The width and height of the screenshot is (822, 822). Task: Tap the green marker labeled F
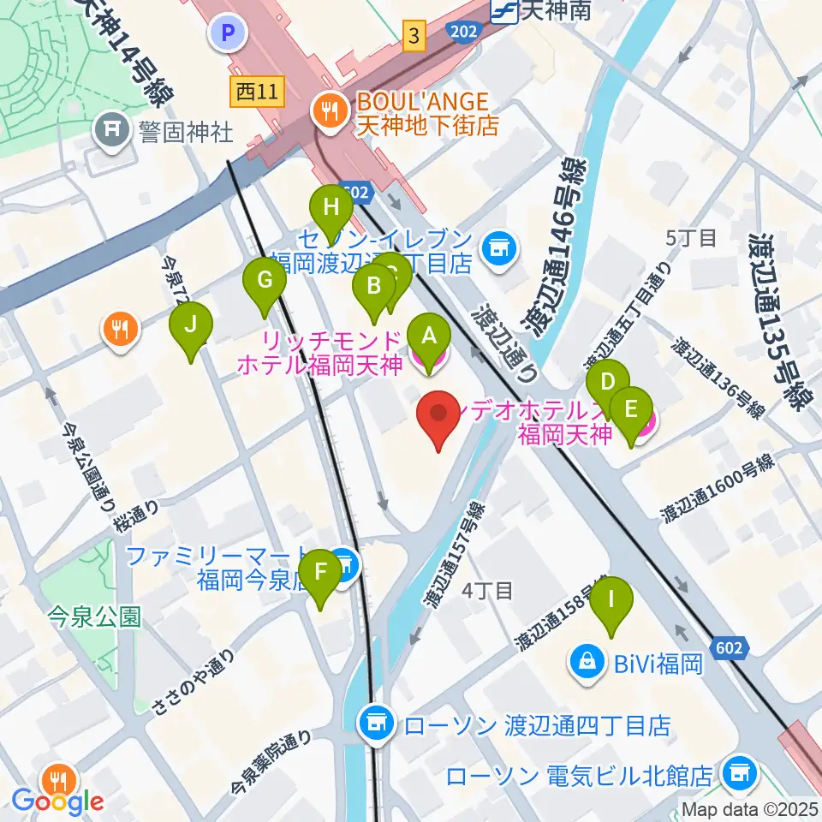[320, 573]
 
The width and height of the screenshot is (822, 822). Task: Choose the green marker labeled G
[265, 280]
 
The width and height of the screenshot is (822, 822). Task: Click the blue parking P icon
[228, 33]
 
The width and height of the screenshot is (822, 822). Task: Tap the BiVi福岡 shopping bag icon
[587, 662]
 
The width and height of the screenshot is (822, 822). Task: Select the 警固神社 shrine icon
[112, 131]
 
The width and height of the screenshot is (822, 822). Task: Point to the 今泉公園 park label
[94, 616]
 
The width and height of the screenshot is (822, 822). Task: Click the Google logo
[57, 802]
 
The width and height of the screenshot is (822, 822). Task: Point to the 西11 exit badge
[257, 92]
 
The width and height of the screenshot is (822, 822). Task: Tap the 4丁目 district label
[486, 590]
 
